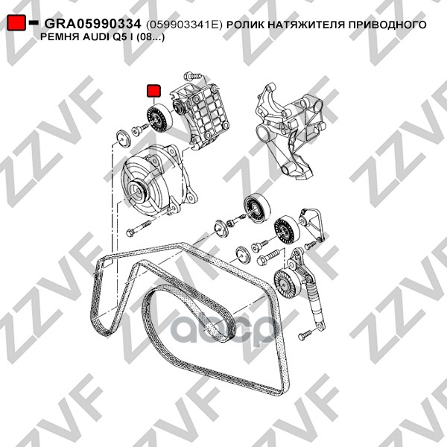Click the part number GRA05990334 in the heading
tap(92, 24)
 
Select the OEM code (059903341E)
tap(184, 25)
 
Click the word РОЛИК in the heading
tap(245, 25)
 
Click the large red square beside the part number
tap(16, 22)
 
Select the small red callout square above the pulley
tap(153, 91)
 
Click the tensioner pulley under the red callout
tap(159, 118)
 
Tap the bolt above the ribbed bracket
tap(193, 76)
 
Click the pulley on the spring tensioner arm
tap(285, 282)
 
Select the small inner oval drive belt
tap(188, 314)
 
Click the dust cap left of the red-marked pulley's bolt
tap(124, 139)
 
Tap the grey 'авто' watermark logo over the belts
tap(222, 329)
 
